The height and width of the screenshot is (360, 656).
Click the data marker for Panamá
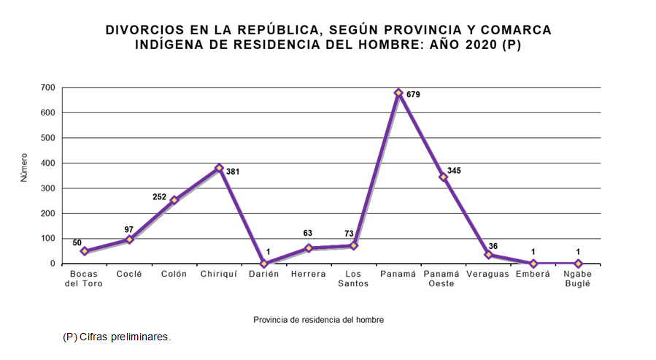coord(398,93)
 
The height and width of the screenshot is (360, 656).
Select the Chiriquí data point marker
coord(219,168)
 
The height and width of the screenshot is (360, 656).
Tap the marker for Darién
coord(263,264)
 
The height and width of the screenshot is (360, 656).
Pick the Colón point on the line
coord(174,200)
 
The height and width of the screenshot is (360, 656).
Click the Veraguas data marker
coord(488,255)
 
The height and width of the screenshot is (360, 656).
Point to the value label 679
coord(413,95)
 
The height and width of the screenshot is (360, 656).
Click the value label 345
coord(454,171)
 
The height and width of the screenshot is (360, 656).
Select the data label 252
coord(159,197)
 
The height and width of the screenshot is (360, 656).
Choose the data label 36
coord(493,246)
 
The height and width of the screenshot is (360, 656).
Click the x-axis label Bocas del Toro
coord(85,279)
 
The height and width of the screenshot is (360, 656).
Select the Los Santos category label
coord(353,279)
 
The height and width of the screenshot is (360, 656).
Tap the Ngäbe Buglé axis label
coord(577,279)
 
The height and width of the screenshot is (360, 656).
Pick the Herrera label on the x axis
coord(309,274)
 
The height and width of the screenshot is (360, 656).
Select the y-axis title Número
coord(23,167)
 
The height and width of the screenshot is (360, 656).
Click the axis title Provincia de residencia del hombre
coord(318,320)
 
